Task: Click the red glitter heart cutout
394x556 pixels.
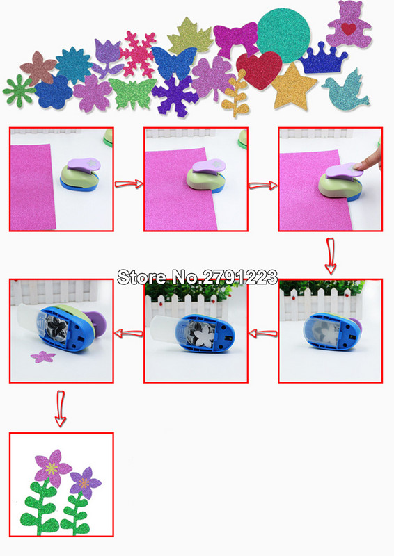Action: click(x=258, y=69)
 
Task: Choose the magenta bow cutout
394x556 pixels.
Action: click(x=235, y=39)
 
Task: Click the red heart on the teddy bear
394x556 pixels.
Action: click(x=349, y=28)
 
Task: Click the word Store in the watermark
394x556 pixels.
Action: click(x=142, y=277)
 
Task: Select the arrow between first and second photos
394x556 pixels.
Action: click(x=129, y=184)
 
